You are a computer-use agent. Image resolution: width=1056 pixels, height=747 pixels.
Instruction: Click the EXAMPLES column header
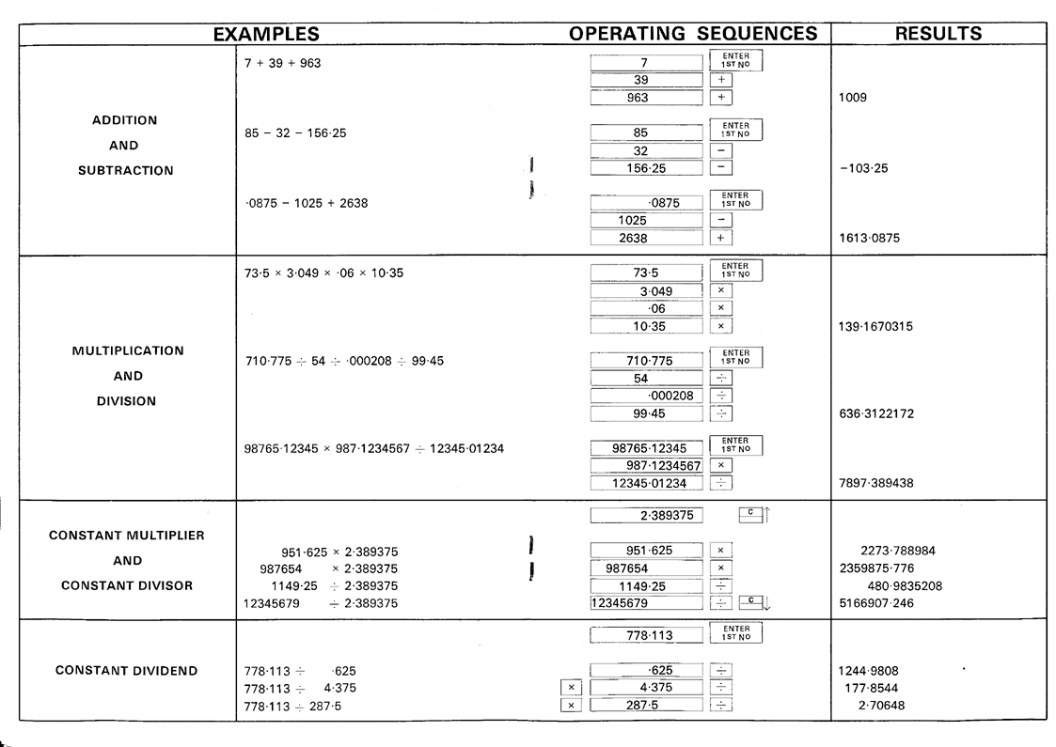point(266,34)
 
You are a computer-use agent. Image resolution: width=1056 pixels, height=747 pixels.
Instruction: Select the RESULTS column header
point(938,34)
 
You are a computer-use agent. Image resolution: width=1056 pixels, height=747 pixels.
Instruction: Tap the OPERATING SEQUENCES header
point(693,34)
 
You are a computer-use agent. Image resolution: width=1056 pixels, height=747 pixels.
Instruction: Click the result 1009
point(856,97)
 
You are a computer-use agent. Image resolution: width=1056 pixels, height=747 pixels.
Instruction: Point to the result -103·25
point(863,168)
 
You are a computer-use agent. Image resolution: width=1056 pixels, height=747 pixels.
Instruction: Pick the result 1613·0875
point(869,239)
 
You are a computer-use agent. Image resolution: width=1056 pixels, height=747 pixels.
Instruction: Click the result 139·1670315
point(875,327)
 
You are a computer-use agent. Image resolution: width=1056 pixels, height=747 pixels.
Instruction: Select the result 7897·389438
point(875,483)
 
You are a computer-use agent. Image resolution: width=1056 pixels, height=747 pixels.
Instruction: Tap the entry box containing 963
point(647,97)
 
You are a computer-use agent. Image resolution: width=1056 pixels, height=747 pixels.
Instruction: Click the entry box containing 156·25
point(647,168)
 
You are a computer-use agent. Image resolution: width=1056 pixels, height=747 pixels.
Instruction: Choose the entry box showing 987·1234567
point(647,465)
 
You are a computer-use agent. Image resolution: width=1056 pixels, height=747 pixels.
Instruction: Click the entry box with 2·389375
point(647,514)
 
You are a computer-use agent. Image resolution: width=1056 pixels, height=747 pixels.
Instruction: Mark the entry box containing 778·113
point(647,636)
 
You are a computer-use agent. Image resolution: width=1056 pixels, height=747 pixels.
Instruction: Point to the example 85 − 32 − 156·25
point(295,133)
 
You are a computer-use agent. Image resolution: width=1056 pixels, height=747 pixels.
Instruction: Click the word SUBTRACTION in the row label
point(126,170)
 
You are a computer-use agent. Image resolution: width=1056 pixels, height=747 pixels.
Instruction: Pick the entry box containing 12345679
point(647,603)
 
